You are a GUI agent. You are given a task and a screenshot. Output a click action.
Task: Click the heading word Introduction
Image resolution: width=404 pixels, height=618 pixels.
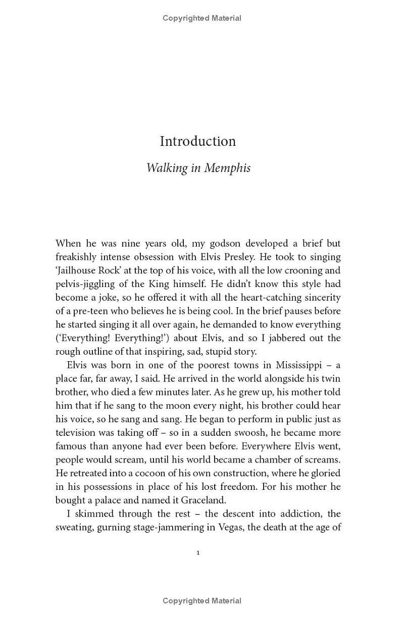[x=197, y=141]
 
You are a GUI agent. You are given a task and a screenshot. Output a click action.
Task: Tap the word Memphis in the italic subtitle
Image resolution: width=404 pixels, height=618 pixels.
[x=227, y=168]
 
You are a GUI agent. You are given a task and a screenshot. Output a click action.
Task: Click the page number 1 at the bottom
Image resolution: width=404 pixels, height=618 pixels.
[x=198, y=553]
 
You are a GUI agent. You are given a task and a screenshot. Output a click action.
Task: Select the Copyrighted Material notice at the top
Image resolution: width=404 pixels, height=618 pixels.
[x=202, y=18]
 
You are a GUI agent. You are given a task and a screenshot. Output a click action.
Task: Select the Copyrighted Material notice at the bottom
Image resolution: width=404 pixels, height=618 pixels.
[x=202, y=601]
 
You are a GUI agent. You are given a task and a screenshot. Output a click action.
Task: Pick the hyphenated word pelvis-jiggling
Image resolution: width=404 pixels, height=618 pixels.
[x=85, y=284]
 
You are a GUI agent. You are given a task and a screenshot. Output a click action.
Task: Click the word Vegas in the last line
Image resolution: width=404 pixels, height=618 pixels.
[x=218, y=528]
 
